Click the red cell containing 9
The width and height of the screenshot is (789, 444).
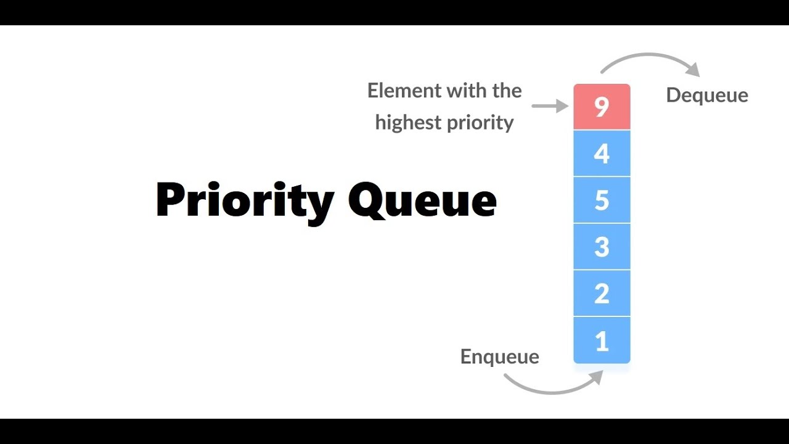click(602, 107)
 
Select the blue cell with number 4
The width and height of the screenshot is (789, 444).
click(602, 154)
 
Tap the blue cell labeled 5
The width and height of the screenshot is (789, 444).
click(602, 200)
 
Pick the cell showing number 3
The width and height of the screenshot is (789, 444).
click(602, 247)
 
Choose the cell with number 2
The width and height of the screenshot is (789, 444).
click(602, 294)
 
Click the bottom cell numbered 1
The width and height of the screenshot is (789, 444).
click(602, 340)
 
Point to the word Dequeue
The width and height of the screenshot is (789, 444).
click(707, 95)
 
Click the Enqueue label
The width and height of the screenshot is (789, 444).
click(499, 356)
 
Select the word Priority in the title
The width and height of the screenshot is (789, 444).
click(245, 200)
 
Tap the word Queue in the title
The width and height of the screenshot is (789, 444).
click(422, 200)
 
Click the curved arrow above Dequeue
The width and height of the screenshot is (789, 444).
click(647, 57)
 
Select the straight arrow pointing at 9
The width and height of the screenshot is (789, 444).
click(549, 106)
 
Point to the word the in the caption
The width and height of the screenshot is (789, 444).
click(507, 91)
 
